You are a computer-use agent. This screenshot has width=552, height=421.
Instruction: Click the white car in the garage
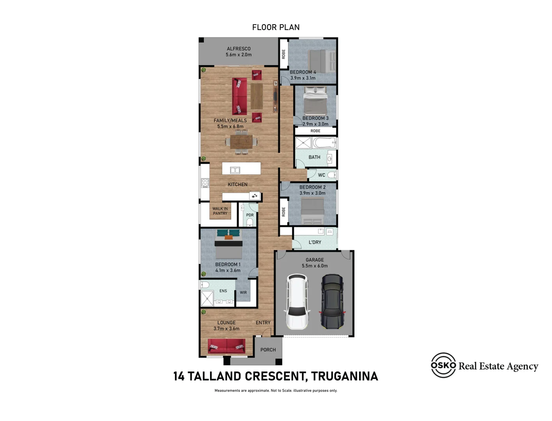click(x=297, y=301)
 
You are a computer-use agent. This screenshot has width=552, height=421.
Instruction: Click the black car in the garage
click(x=332, y=301)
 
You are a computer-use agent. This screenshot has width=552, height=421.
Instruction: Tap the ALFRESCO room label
click(x=239, y=49)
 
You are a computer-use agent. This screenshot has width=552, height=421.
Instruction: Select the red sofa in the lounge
click(x=226, y=346)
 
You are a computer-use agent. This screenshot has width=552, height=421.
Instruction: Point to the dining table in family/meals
click(x=241, y=142)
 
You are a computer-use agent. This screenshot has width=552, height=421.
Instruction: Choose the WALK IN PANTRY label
click(x=220, y=211)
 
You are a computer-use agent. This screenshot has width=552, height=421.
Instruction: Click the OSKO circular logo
click(x=443, y=365)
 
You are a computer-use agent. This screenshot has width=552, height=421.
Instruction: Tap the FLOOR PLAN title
click(x=276, y=27)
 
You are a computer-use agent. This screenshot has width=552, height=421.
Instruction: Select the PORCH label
click(x=268, y=350)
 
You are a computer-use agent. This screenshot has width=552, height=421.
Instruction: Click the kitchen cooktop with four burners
click(x=205, y=183)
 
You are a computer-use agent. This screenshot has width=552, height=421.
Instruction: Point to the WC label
click(x=321, y=175)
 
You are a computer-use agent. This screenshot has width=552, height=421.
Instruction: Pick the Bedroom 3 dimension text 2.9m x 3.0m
click(x=315, y=124)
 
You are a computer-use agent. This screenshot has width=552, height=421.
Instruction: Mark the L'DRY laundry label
click(x=315, y=242)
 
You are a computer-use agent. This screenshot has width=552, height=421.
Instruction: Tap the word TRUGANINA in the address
click(x=344, y=376)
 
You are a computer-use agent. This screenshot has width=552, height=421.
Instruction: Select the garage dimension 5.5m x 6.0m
click(x=315, y=266)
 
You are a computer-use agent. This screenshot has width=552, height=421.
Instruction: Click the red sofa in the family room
click(x=239, y=96)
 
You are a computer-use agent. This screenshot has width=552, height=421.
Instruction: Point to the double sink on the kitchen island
click(x=235, y=170)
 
